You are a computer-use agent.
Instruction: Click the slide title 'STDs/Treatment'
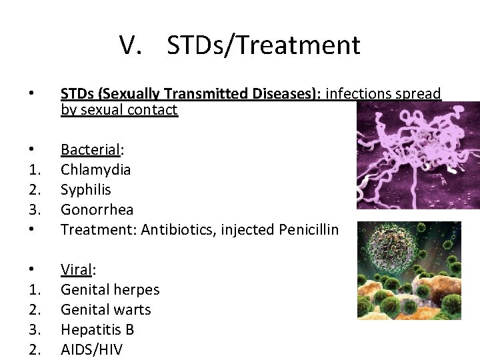tap(263, 45)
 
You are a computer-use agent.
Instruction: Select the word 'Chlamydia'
tap(95, 169)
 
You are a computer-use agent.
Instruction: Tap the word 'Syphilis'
tap(86, 189)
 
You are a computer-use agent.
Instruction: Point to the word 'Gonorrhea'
tap(97, 209)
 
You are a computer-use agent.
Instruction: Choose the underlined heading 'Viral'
tap(77, 269)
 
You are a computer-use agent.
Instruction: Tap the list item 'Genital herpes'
tap(110, 289)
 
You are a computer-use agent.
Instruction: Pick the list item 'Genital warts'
tap(106, 309)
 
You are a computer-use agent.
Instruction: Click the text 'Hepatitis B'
tap(97, 329)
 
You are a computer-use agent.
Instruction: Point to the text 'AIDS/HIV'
tap(91, 349)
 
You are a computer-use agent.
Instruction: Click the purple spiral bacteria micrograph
tap(417, 155)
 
